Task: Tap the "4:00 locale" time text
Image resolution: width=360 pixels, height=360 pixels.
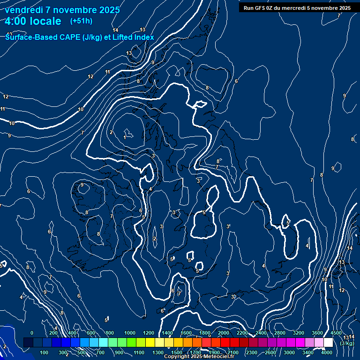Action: coord(33,21)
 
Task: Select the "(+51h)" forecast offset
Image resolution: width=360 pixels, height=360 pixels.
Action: coord(81,21)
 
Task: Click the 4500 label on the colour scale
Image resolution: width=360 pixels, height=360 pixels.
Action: coord(336,333)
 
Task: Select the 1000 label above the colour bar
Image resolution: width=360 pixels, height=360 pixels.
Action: coord(130,333)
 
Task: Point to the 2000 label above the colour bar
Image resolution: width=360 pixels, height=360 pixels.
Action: coord(224,333)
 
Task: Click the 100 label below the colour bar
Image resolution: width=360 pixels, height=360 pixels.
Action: coord(45,352)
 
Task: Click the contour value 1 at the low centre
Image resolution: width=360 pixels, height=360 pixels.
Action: coord(125,137)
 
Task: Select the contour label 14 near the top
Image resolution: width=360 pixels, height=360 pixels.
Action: coord(115,30)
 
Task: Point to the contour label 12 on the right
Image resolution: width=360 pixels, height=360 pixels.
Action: coord(342,291)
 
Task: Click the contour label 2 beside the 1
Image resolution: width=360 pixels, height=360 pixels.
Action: coord(111,132)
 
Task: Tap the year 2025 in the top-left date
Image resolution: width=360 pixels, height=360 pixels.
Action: coord(107,10)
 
